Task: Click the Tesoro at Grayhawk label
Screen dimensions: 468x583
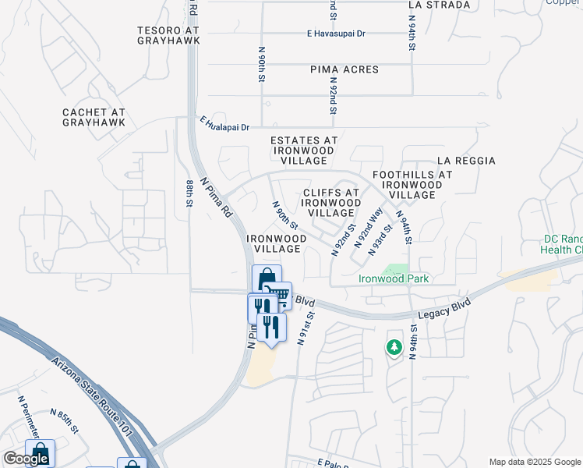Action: tap(168, 37)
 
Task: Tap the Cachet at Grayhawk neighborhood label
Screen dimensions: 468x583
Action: tap(94, 118)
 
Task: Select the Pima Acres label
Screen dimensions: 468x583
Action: tap(344, 70)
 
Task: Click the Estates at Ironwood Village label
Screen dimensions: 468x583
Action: tap(304, 151)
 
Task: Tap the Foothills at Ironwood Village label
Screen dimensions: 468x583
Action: tap(412, 185)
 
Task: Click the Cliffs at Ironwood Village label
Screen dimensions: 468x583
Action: tap(331, 202)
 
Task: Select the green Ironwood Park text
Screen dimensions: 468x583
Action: tap(394, 278)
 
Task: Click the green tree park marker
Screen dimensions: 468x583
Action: tap(394, 347)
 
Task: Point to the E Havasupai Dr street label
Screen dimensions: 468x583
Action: tap(337, 34)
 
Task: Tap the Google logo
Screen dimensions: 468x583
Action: tap(26, 459)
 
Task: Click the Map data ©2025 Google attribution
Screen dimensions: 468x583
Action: tap(534, 462)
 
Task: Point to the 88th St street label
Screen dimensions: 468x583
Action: tap(189, 193)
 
